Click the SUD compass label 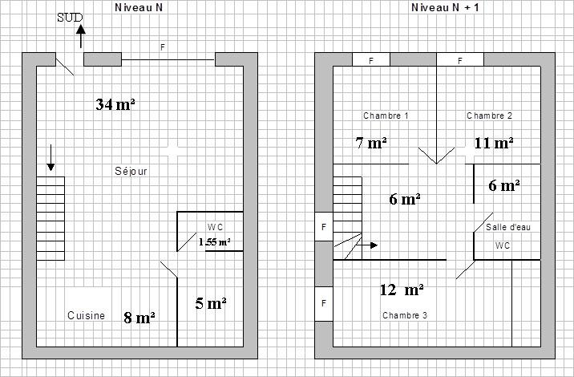70,18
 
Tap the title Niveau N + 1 445,7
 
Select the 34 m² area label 115,104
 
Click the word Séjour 131,171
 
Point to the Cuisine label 86,315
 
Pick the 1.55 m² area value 215,241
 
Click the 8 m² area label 139,318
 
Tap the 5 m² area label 211,303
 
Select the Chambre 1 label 386,116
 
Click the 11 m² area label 494,143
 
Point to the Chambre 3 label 405,315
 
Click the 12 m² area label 402,290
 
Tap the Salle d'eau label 507,227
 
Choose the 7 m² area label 371,143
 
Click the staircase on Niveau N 51,219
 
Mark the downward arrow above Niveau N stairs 51,158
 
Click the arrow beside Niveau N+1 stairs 367,245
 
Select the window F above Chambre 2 460,59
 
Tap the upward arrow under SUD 81,36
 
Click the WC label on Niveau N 215,227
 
